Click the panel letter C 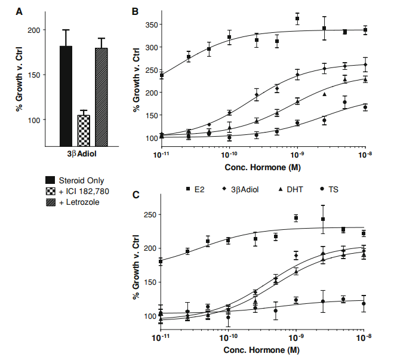136,194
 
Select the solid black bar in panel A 66,96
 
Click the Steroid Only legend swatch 51,179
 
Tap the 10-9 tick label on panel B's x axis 297,155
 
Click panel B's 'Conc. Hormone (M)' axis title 262,168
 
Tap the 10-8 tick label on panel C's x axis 365,338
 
